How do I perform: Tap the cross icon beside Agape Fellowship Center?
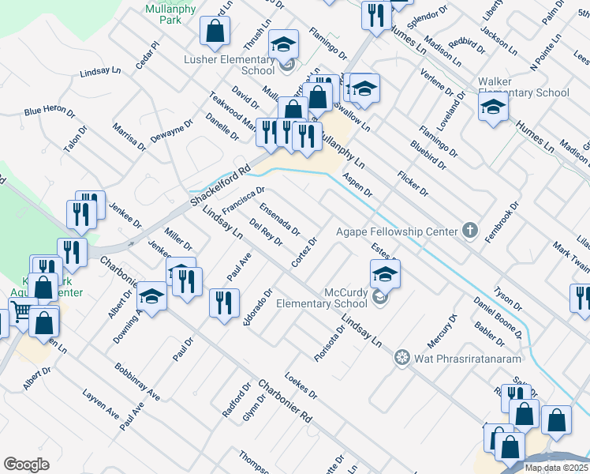click(469, 231)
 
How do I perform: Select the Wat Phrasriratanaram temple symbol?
click(401, 358)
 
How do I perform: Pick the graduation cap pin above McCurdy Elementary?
click(384, 273)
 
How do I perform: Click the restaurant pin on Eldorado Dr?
click(224, 302)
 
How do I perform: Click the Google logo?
click(26, 465)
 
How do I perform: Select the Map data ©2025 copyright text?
click(556, 468)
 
